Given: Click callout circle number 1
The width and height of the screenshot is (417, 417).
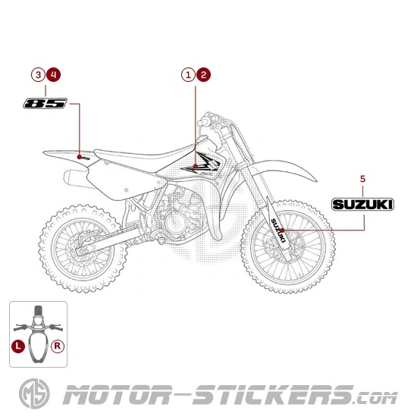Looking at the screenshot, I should click(187, 74).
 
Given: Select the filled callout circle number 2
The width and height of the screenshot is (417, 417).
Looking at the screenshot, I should click(203, 74).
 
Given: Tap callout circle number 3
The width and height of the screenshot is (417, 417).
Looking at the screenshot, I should click(38, 74).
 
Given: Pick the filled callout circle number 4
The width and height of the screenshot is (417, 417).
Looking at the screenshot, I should click(53, 74).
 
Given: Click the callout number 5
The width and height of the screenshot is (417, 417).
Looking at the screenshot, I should click(362, 178).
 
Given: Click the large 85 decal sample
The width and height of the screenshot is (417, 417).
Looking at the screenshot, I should click(45, 103).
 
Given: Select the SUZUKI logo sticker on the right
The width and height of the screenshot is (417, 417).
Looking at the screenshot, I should click(362, 203).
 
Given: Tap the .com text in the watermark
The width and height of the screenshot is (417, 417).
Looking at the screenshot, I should click(375, 397).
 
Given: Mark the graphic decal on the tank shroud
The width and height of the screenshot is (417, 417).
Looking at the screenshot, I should click(206, 163).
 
